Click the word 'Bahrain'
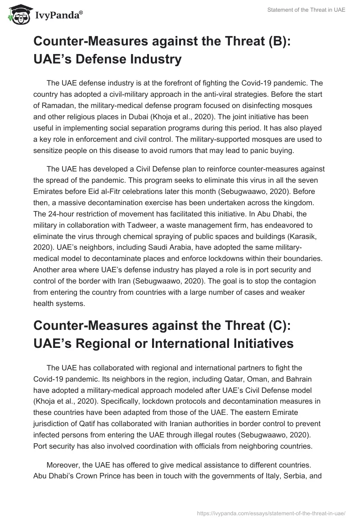click(303, 378)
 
